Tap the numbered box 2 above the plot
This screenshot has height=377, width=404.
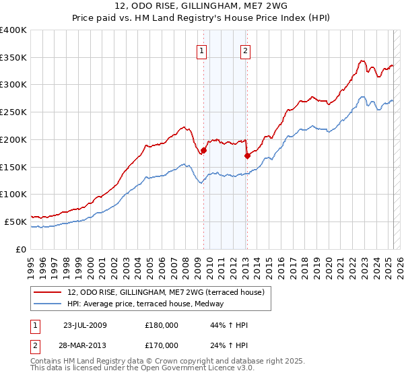coord(246,49)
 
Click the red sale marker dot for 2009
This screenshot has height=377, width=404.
coord(203,150)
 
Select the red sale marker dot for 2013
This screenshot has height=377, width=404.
coord(247,156)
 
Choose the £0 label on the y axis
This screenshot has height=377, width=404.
coord(21,249)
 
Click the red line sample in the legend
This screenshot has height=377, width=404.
coord(48,292)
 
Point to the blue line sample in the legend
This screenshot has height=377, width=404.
coord(48,304)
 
